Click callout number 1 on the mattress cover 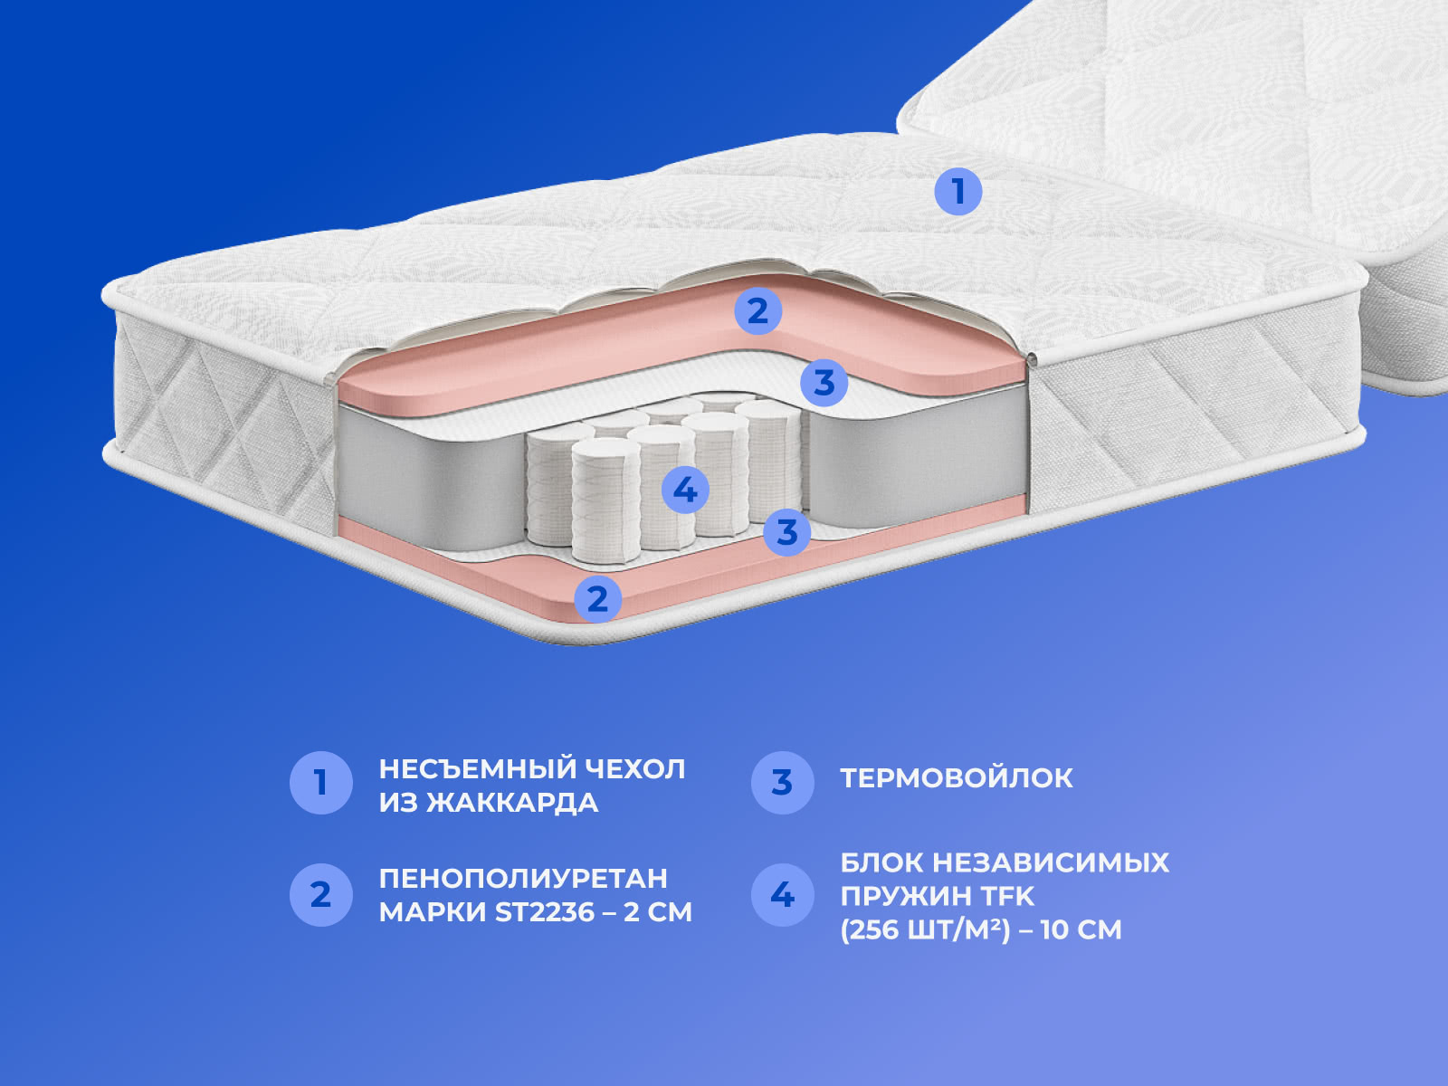(957, 191)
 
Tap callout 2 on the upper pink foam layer (758, 310)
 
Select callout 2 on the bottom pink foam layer (597, 599)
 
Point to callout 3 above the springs (824, 383)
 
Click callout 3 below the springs (787, 531)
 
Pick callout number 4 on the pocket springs (685, 490)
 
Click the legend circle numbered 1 (321, 783)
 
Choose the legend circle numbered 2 (321, 895)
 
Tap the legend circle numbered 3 (783, 783)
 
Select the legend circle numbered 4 (783, 895)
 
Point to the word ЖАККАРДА (512, 804)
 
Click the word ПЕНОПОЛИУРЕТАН (523, 878)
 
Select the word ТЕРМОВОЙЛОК (957, 778)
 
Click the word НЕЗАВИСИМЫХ (1052, 862)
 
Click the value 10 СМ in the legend (1081, 929)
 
